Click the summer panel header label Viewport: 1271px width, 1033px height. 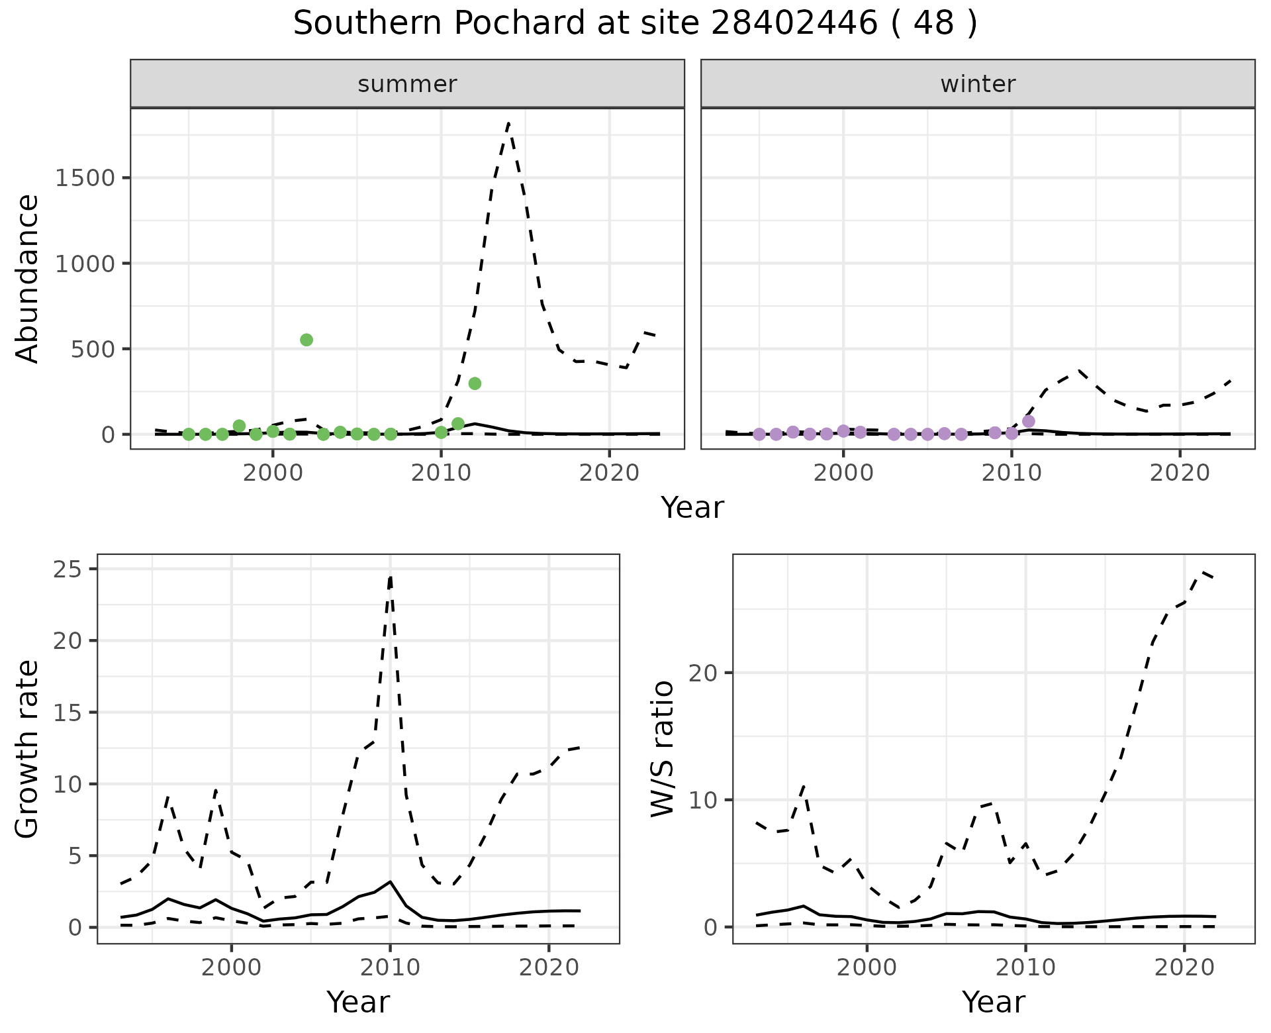[407, 84]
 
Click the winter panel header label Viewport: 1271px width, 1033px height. [978, 84]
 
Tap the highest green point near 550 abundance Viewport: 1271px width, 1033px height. [306, 340]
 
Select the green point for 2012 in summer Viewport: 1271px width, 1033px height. [475, 383]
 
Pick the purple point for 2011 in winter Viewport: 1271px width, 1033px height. [1028, 421]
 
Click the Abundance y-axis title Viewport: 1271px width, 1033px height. [28, 278]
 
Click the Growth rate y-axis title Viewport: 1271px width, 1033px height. [28, 749]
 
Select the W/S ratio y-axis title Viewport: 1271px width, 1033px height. [663, 749]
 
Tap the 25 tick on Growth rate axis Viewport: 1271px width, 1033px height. [73, 569]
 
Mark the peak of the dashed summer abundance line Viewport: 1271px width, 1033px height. [508, 123]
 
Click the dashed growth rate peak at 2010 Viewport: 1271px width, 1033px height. [391, 577]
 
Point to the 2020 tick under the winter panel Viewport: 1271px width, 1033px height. [1179, 473]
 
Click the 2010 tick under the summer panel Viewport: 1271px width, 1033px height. [441, 473]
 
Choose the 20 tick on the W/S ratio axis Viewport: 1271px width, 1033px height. [712, 673]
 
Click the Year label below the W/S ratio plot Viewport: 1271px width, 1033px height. [993, 1002]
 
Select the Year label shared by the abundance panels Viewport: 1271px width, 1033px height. [692, 508]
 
